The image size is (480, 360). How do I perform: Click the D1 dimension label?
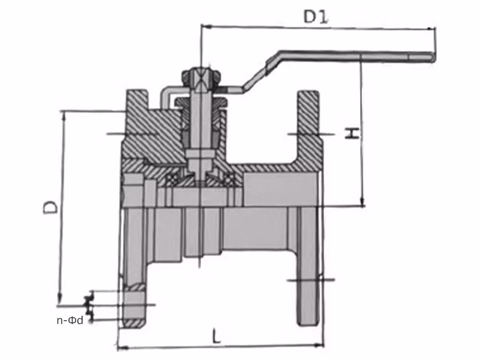coord(315,17)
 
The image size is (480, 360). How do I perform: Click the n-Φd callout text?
coord(70,320)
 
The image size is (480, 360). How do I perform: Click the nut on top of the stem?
coord(201,76)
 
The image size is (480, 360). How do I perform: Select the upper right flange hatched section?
coord(308,115)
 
